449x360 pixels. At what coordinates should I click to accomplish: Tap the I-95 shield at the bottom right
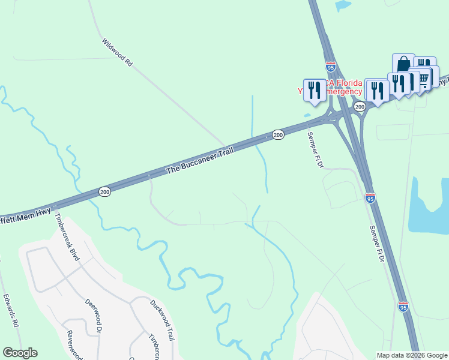[x=403, y=307]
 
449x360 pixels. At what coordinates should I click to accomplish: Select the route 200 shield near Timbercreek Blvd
[x=104, y=192]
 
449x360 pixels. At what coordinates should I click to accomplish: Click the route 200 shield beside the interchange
[x=360, y=107]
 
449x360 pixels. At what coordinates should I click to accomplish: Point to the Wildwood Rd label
[x=117, y=52]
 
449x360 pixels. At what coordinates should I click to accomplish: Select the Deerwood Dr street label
[x=92, y=316]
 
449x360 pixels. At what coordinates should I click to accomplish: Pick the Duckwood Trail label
[x=162, y=320]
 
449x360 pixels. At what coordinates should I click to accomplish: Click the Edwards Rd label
[x=11, y=310]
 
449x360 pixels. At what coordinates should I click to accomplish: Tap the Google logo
[x=20, y=353]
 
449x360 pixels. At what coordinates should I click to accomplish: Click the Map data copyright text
[x=412, y=355]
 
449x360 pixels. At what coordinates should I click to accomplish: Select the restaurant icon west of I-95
[x=315, y=90]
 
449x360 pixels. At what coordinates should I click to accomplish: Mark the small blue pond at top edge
[x=343, y=5]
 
